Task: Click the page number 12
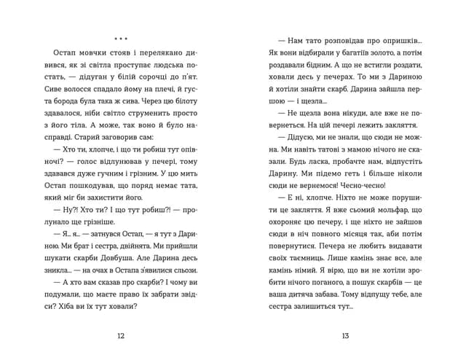coord(121,335)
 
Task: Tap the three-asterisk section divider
coord(121,38)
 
